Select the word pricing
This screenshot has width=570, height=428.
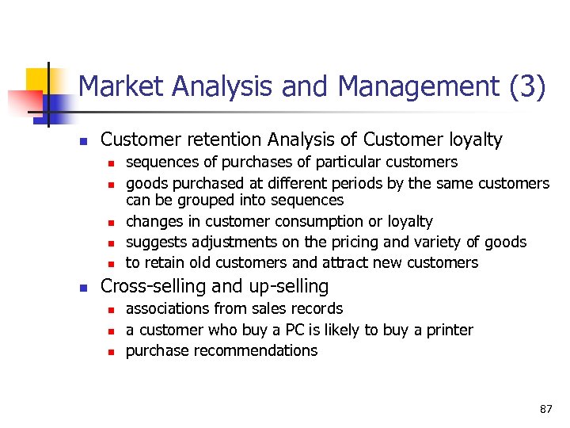[343, 242]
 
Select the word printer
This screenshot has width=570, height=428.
[448, 330]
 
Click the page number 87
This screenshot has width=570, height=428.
[545, 409]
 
